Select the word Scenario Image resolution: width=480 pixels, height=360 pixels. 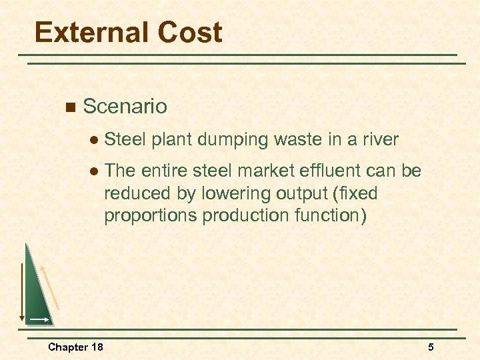(x=125, y=106)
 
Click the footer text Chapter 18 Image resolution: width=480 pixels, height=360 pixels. (x=75, y=347)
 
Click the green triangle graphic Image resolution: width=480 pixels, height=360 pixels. (x=37, y=293)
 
